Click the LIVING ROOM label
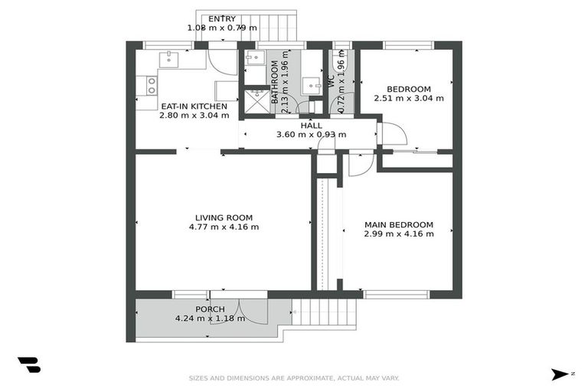pyautogui.click(x=224, y=217)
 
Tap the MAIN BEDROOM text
pyautogui.click(x=398, y=224)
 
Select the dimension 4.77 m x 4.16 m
pyautogui.click(x=224, y=227)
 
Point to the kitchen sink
pyautogui.click(x=168, y=59)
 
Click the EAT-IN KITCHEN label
pyautogui.click(x=194, y=106)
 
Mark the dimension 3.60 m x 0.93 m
pyautogui.click(x=311, y=135)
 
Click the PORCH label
pyautogui.click(x=210, y=309)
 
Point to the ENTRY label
pyautogui.click(x=222, y=19)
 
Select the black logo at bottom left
pyautogui.click(x=28, y=365)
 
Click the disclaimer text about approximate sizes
pyautogui.click(x=294, y=377)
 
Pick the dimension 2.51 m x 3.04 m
pyautogui.click(x=408, y=98)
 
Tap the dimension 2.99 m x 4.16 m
pyautogui.click(x=398, y=234)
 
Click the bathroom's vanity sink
pyautogui.click(x=310, y=85)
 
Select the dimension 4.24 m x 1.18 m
pyautogui.click(x=210, y=318)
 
